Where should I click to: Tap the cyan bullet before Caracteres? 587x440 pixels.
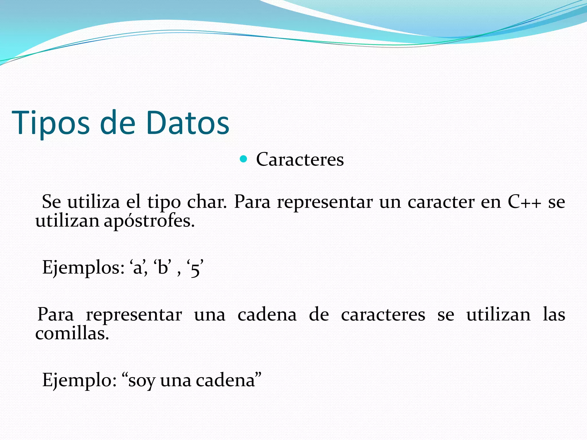(243, 159)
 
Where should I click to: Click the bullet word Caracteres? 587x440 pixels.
(300, 159)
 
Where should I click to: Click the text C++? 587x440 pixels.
(524, 202)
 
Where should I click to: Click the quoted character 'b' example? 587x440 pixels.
(163, 268)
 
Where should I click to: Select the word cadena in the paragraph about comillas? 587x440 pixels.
(267, 315)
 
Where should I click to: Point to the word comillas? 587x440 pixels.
(72, 334)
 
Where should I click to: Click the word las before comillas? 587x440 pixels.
(554, 315)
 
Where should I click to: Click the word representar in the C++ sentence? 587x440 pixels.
(325, 202)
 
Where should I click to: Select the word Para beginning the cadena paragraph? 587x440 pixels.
(56, 315)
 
